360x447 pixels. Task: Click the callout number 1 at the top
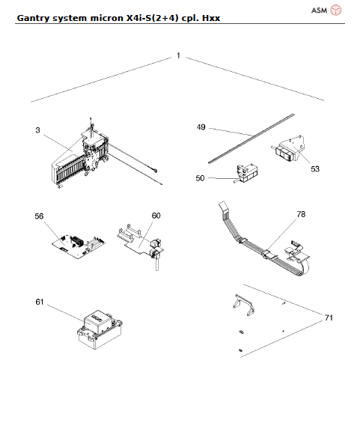click(178, 56)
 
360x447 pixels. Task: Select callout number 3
click(37, 130)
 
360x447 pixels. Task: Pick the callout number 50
click(201, 178)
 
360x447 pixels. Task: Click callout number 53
click(315, 169)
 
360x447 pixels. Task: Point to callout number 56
click(39, 216)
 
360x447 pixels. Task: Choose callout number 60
click(156, 216)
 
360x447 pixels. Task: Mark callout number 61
click(39, 302)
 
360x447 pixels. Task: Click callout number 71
click(328, 317)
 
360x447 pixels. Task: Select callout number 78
click(301, 214)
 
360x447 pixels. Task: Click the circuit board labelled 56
click(76, 243)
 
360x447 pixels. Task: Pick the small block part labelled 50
click(247, 174)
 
